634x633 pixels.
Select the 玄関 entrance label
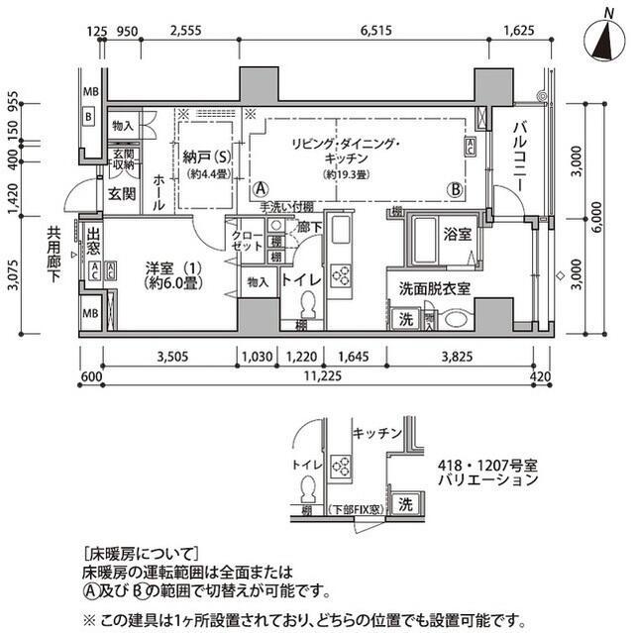click(122, 194)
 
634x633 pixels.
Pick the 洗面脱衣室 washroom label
click(435, 288)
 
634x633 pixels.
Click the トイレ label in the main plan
click(300, 280)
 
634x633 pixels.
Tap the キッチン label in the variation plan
click(376, 433)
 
